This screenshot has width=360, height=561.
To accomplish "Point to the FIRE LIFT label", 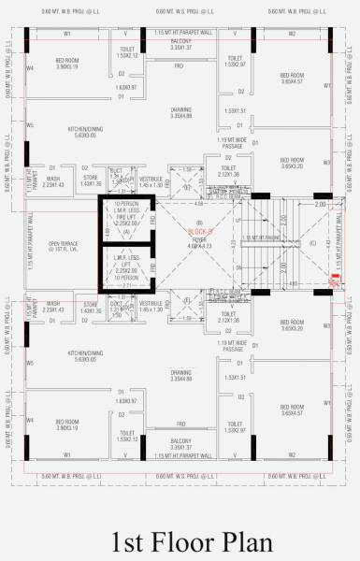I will (x=125, y=216).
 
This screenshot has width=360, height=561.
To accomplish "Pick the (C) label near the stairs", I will (x=312, y=243).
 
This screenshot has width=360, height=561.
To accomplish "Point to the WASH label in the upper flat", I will (x=53, y=179).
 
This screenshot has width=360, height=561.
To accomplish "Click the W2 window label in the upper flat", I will (x=292, y=33).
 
